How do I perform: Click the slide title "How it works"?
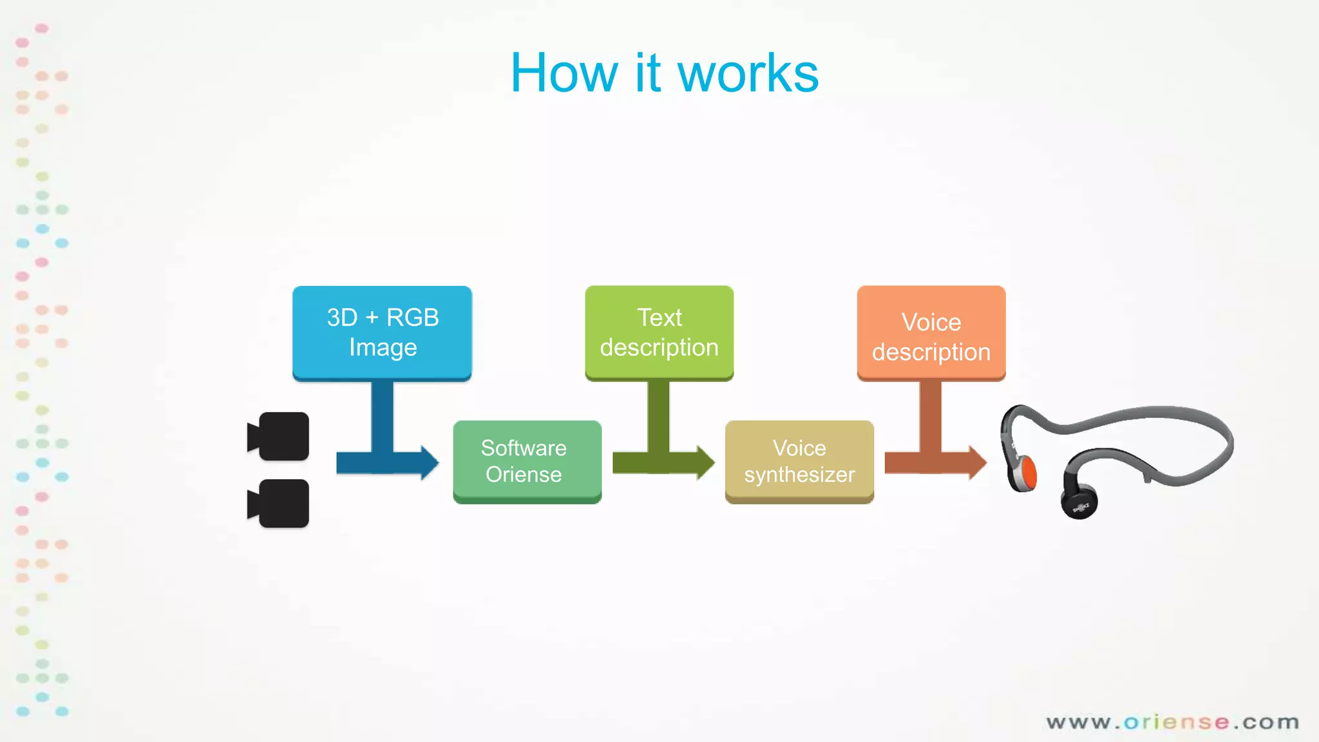click(664, 73)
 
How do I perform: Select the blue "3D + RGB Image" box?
click(382, 332)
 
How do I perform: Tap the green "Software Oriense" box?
click(527, 461)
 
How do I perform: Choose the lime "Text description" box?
click(659, 332)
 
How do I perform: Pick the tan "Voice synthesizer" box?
click(799, 461)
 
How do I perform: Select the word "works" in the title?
click(748, 73)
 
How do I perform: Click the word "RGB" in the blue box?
click(412, 318)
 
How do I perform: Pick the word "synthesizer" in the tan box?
click(799, 475)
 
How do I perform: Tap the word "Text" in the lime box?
click(659, 318)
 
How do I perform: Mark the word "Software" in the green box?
click(524, 448)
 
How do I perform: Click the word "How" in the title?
click(565, 73)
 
